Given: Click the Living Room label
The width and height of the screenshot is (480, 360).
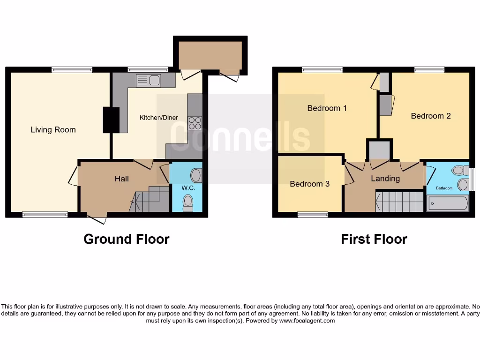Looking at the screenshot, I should click(x=53, y=130).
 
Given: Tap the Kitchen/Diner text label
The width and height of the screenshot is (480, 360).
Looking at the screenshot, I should click(x=159, y=118).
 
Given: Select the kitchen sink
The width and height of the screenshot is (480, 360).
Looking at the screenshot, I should click(x=149, y=81).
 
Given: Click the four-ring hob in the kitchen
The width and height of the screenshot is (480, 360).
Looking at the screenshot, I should click(x=195, y=123).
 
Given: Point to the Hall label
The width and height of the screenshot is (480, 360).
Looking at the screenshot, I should click(x=122, y=179).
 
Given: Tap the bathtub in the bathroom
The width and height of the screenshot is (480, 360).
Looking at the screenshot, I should click(x=448, y=203).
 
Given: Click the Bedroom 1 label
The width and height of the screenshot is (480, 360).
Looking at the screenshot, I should click(x=327, y=108).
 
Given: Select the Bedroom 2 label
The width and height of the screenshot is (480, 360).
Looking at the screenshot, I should click(x=431, y=116).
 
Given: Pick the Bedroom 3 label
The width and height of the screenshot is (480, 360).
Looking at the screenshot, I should click(x=309, y=184).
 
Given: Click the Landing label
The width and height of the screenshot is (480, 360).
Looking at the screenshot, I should click(x=385, y=179).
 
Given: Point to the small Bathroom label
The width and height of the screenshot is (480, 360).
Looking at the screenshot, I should click(x=444, y=188).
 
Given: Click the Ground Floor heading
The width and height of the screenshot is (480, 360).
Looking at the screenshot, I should click(x=126, y=239).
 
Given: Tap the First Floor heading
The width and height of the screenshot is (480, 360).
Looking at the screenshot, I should click(x=374, y=239).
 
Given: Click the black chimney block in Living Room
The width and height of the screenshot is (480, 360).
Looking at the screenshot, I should click(x=111, y=120).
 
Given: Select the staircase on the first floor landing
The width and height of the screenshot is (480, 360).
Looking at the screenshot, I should click(x=400, y=202).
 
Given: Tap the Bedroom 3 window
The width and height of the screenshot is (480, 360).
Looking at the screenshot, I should click(x=313, y=215).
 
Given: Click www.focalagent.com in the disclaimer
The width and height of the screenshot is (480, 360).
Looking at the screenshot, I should click(x=307, y=321).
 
